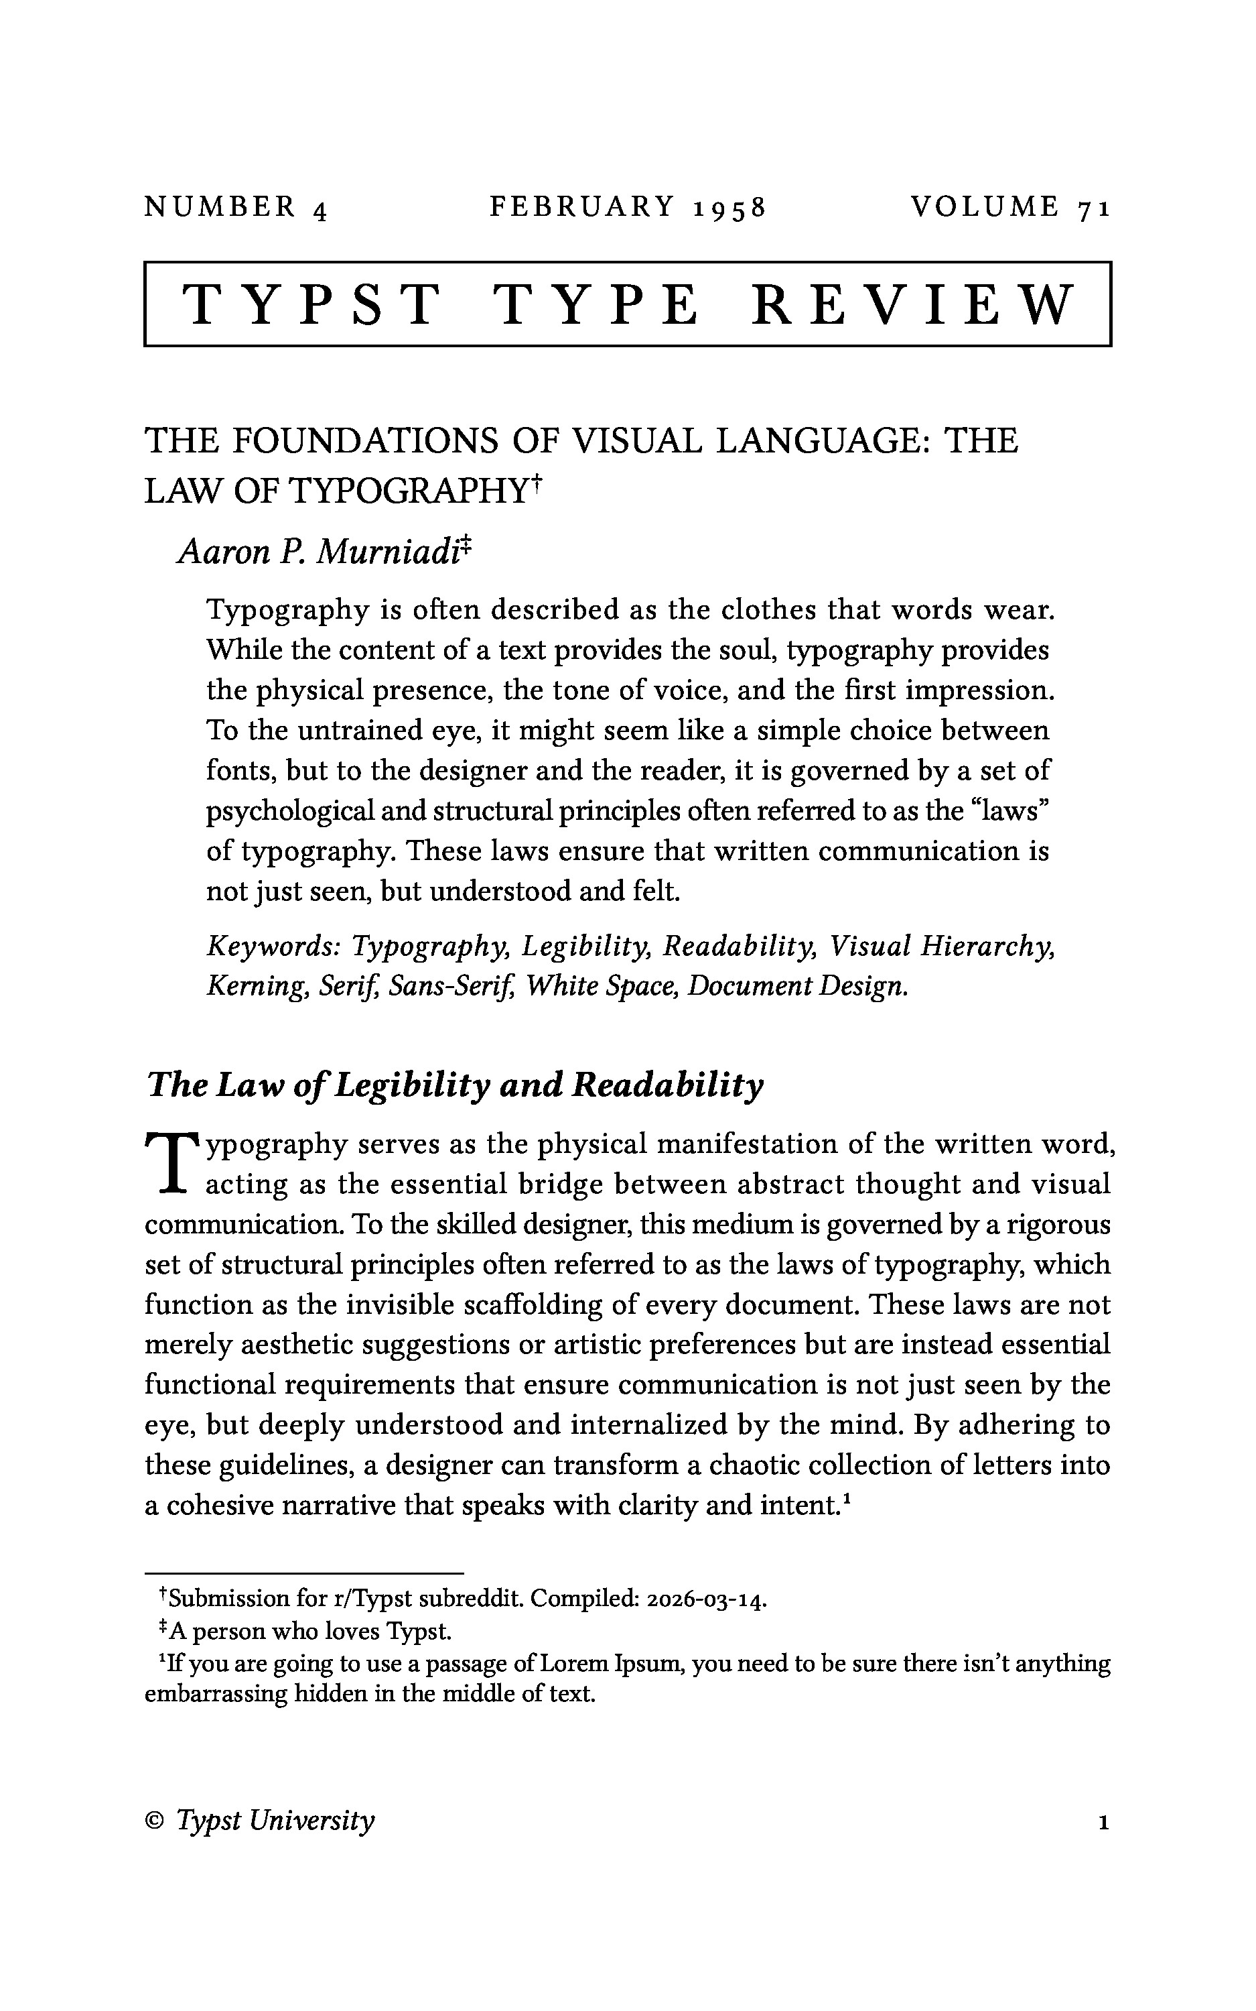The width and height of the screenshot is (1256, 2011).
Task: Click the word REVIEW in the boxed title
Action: point(914,304)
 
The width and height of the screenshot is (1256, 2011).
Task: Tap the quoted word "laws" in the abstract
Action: point(1011,811)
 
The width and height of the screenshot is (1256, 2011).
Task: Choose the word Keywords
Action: point(274,946)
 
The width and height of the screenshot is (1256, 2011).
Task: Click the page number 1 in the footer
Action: point(1103,1821)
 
